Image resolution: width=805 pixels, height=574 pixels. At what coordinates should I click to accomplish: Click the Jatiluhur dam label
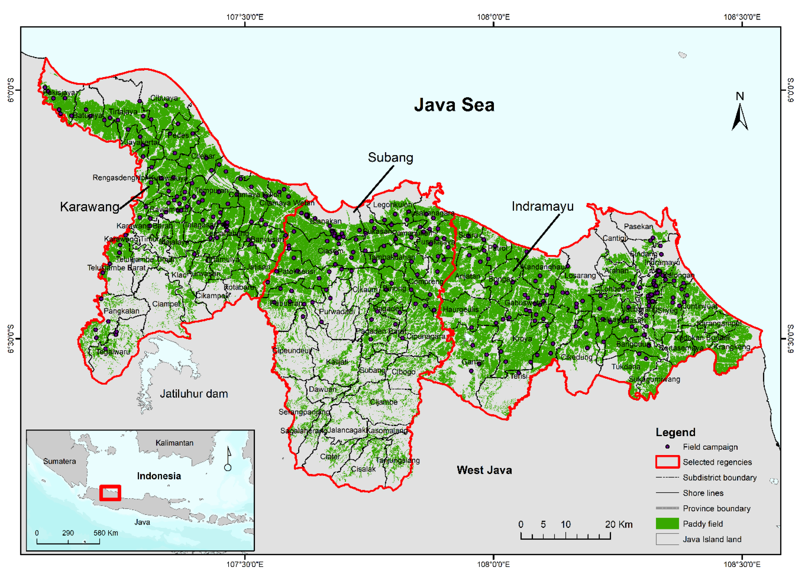194,394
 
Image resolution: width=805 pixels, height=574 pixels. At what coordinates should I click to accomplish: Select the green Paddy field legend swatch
667,524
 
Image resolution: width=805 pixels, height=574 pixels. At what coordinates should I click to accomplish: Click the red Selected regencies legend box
667,462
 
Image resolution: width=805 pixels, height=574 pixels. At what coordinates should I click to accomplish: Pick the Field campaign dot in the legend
667,447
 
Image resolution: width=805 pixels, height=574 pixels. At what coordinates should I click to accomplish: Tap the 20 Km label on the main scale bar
619,524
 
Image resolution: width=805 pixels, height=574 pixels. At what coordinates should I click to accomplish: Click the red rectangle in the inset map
110,493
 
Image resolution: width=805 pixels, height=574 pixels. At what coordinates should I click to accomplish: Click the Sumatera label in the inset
59,461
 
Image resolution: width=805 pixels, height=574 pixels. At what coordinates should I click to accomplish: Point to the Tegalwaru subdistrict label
113,352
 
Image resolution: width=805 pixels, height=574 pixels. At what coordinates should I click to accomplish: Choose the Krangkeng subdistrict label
732,347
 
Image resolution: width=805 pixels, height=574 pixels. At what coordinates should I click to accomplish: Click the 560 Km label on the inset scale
106,533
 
